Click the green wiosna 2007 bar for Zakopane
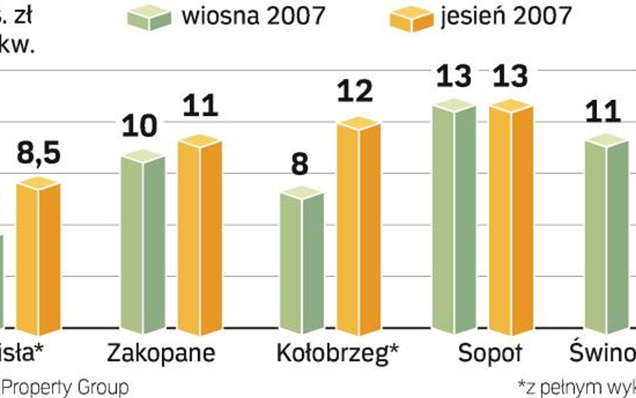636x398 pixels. (x=143, y=243)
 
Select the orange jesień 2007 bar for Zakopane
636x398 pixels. (x=199, y=235)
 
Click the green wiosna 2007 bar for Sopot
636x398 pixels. (x=454, y=217)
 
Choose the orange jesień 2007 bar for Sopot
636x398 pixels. (x=511, y=217)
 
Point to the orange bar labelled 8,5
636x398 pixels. (x=38, y=258)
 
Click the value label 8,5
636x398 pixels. (x=38, y=153)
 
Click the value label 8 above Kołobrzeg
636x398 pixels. (x=299, y=164)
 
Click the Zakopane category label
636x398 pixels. (x=162, y=353)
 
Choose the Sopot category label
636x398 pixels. (x=489, y=353)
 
